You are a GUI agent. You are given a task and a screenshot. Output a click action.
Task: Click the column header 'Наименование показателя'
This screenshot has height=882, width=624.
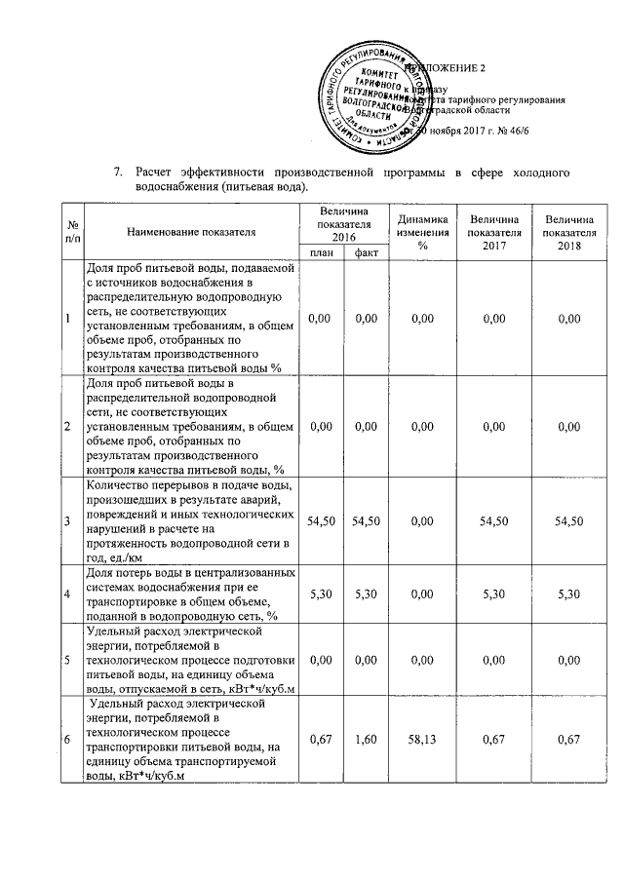[191, 233]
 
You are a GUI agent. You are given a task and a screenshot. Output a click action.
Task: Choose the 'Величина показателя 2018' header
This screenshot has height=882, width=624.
[570, 232]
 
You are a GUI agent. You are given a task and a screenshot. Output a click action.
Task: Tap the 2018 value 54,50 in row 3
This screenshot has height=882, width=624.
[570, 521]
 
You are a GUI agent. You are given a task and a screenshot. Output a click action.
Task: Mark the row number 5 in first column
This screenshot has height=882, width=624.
[67, 660]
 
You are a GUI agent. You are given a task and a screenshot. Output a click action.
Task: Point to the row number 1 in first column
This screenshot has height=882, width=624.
[67, 318]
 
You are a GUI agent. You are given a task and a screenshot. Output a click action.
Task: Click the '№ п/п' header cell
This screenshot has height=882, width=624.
[67, 232]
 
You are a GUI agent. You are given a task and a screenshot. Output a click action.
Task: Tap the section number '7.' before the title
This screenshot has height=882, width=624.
[118, 173]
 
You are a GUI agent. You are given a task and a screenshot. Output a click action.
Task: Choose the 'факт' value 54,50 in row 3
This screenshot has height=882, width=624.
[367, 521]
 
